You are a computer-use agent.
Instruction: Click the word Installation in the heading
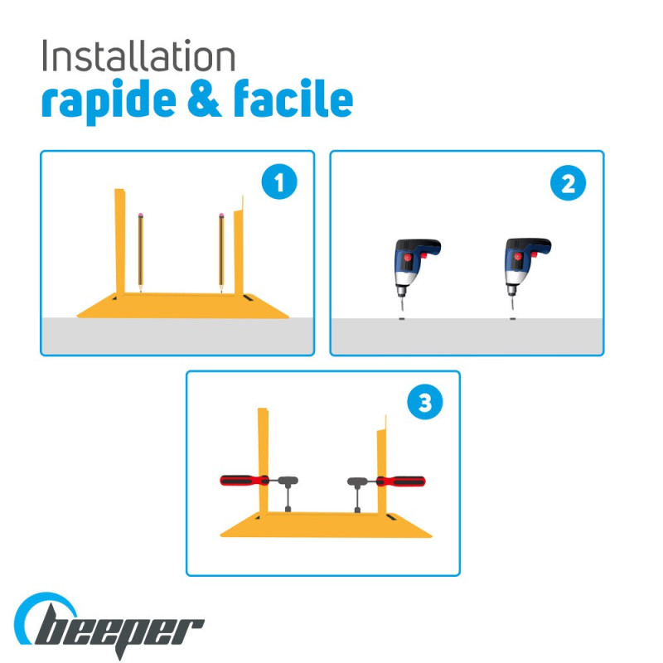[138, 56]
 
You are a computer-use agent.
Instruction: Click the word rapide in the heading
[109, 101]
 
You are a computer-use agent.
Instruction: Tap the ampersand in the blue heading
[204, 98]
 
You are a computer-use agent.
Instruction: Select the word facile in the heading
[293, 98]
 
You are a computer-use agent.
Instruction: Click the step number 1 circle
[279, 181]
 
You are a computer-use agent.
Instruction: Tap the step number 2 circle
[568, 183]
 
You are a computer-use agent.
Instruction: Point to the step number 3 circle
[425, 402]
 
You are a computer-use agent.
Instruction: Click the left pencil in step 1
[140, 253]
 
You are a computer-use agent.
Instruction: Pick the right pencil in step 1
[221, 253]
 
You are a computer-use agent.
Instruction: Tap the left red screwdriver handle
[244, 481]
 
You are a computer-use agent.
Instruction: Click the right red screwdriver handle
[401, 482]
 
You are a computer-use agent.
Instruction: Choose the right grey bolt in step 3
[357, 494]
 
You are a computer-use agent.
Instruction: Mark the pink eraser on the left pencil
[140, 215]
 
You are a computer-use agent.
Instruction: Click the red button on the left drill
[407, 257]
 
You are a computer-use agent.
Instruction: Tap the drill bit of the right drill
[512, 303]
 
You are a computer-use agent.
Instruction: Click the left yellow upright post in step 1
[120, 241]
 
